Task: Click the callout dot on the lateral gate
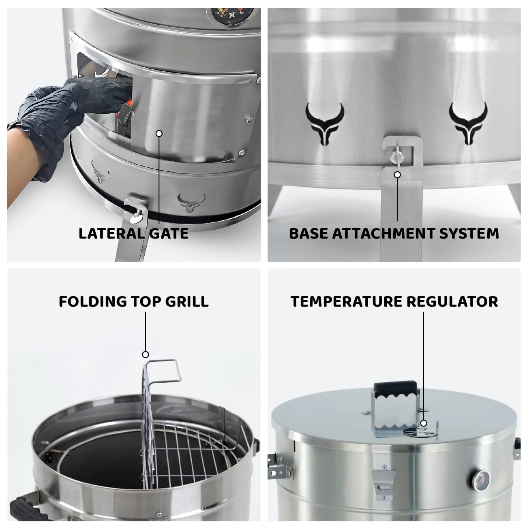pyautogui.click(x=159, y=133)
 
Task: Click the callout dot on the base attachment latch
pyautogui.click(x=397, y=175)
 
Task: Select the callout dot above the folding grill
pyautogui.click(x=146, y=354)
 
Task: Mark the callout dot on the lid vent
pyautogui.click(x=424, y=423)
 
